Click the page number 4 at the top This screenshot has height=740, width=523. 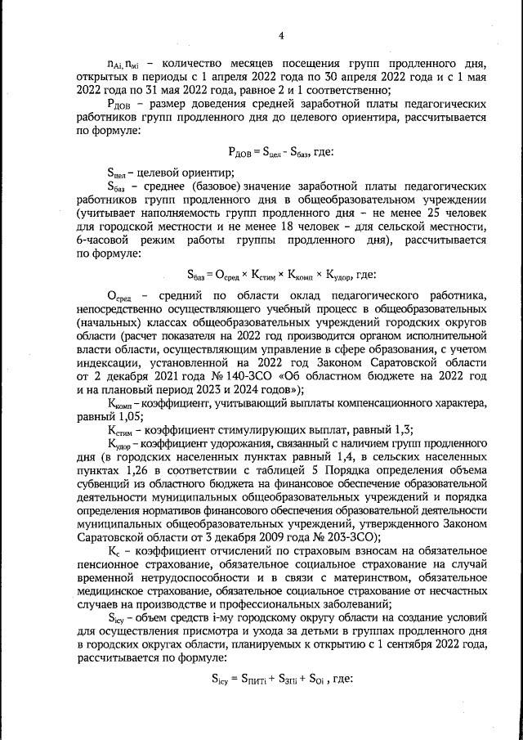[280, 36]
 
